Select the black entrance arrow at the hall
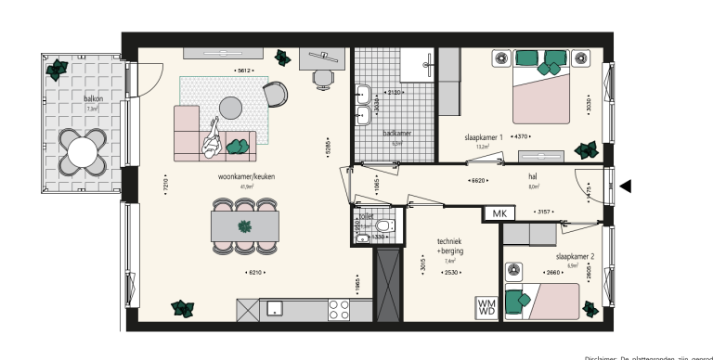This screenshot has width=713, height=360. pyautogui.click(x=626, y=186)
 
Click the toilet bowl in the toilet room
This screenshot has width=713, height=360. pyautogui.click(x=384, y=225)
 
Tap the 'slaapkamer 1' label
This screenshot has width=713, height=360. pyautogui.click(x=484, y=137)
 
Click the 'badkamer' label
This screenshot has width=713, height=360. pyautogui.click(x=396, y=134)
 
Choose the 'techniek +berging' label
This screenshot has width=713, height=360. pyautogui.click(x=450, y=246)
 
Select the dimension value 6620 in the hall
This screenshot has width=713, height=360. pyautogui.click(x=478, y=182)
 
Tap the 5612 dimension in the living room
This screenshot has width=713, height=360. pyautogui.click(x=244, y=71)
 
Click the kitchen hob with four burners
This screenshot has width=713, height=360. pyautogui.click(x=339, y=309)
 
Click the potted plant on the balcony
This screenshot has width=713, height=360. pyautogui.click(x=57, y=67)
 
